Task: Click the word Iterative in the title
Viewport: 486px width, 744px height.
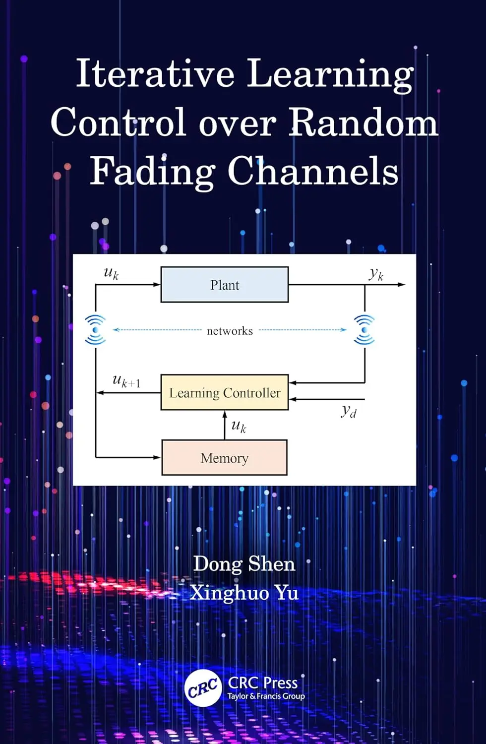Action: click(x=155, y=73)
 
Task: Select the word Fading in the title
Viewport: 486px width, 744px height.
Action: click(x=152, y=171)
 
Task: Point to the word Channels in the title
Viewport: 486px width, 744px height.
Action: click(x=313, y=171)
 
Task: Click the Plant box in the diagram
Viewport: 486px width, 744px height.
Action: click(x=225, y=285)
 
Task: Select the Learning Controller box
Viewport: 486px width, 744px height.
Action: click(x=225, y=392)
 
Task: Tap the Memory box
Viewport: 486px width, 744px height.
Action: click(x=224, y=458)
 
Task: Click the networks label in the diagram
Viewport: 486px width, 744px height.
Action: click(x=230, y=331)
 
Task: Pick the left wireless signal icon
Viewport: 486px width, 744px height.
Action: click(x=95, y=329)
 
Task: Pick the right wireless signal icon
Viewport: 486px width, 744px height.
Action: click(x=364, y=329)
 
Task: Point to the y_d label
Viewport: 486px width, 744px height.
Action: click(x=349, y=411)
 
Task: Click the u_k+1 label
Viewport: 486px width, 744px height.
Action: click(x=126, y=381)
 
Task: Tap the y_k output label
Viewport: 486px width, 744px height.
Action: click(x=376, y=274)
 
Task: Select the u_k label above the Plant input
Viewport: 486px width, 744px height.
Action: click(x=111, y=273)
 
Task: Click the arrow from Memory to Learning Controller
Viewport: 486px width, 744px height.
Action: click(x=225, y=425)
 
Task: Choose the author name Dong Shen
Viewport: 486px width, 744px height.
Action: click(x=244, y=564)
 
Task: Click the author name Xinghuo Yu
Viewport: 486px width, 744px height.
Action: click(x=244, y=593)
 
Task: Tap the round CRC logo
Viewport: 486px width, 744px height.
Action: click(x=203, y=688)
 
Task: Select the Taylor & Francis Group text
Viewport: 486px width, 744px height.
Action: click(x=266, y=696)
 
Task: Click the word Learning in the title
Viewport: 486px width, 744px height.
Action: click(x=330, y=73)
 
